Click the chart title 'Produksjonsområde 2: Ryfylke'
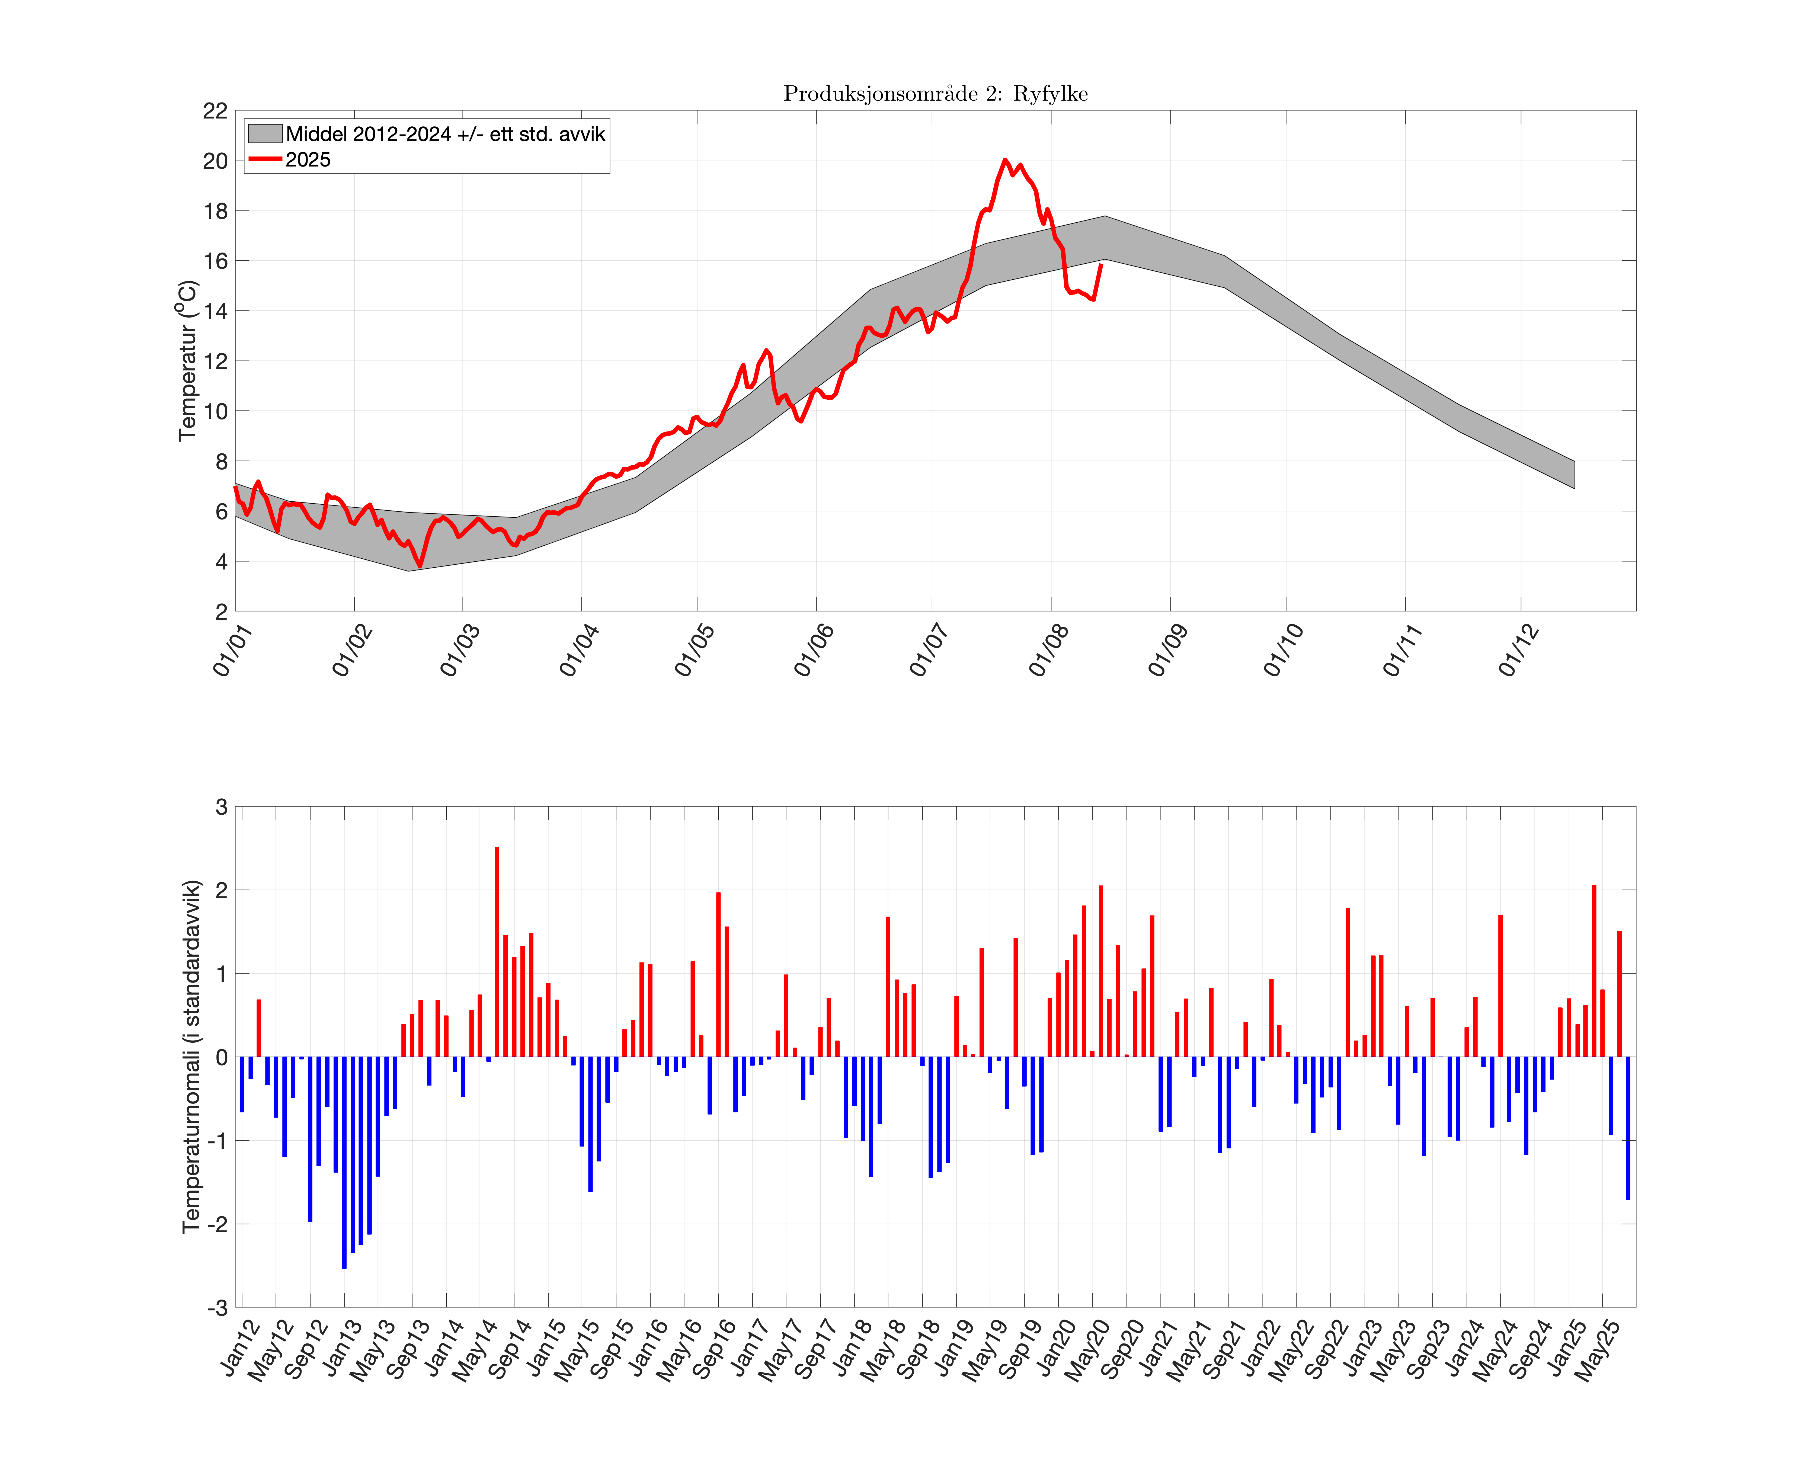pos(935,94)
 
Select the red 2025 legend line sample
pos(264,159)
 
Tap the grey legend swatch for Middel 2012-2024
pos(264,134)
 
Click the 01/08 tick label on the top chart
pos(1049,650)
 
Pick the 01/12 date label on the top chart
pos(1519,650)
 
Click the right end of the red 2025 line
pos(1101,265)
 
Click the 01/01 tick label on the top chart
pos(233,650)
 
